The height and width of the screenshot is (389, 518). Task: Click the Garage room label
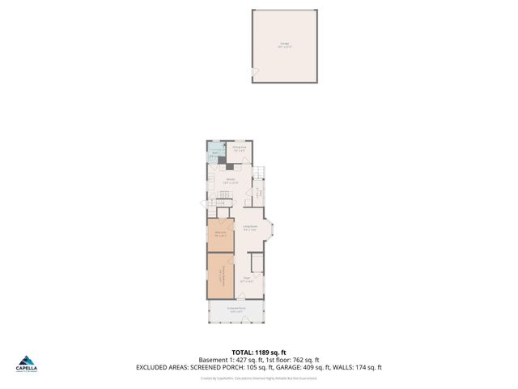tap(285, 44)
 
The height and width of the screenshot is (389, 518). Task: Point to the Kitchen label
tap(231, 181)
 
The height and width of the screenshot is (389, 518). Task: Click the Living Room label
tap(249, 228)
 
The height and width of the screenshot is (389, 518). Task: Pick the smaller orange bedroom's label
tap(220, 235)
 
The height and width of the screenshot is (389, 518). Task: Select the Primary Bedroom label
tap(220, 276)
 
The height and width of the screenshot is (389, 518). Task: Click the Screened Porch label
tap(236, 310)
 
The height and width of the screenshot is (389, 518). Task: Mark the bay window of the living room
tap(273, 230)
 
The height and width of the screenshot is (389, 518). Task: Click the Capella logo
tap(27, 363)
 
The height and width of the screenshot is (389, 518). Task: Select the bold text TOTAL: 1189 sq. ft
tap(259, 352)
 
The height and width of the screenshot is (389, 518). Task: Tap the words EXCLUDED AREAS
tap(162, 368)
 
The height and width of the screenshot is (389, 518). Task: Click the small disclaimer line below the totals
tap(259, 378)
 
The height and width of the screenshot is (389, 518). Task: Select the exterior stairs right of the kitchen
tap(259, 173)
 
